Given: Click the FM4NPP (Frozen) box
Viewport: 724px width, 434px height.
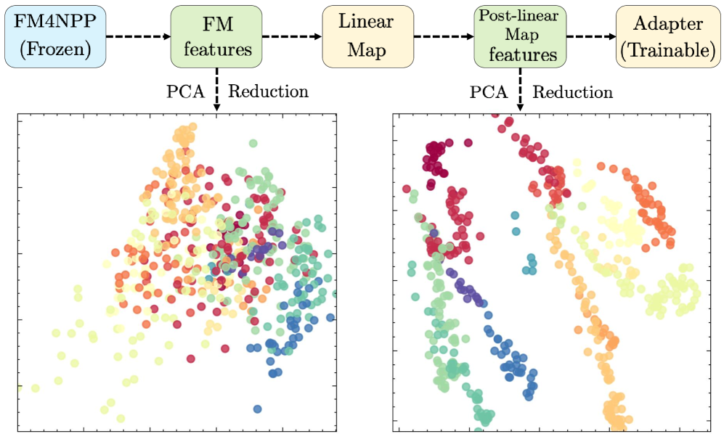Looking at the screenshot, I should click(x=54, y=36).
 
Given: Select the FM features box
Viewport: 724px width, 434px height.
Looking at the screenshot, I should click(x=216, y=36).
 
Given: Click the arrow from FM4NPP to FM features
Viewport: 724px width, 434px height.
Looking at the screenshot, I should click(x=137, y=36).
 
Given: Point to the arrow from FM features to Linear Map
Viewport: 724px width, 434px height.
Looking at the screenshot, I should click(x=292, y=36).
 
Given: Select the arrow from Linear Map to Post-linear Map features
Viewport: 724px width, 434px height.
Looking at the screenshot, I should click(x=443, y=36).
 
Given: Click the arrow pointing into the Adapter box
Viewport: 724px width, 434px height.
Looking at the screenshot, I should click(x=590, y=36).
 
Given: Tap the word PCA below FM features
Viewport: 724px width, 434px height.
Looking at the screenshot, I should click(x=184, y=92).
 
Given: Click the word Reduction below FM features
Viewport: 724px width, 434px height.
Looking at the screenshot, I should click(x=268, y=92).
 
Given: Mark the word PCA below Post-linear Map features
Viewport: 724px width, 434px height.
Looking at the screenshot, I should click(x=488, y=92).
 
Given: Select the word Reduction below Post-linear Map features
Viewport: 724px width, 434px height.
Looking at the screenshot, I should click(x=573, y=92).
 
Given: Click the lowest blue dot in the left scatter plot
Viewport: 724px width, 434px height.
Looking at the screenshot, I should click(x=258, y=409).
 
